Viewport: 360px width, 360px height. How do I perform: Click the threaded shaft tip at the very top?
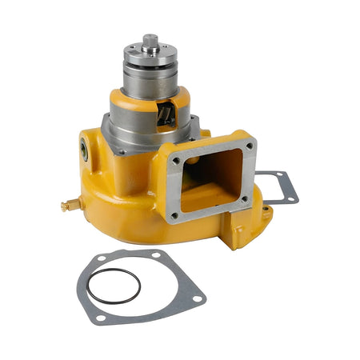pos(150,39)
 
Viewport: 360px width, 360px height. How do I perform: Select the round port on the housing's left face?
pos(85,147)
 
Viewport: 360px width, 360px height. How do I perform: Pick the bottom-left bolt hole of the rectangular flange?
pos(174,214)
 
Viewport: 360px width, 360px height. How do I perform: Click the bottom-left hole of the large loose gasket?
pos(98,318)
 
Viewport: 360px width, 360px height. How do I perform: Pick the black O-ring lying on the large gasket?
pos(113,286)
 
